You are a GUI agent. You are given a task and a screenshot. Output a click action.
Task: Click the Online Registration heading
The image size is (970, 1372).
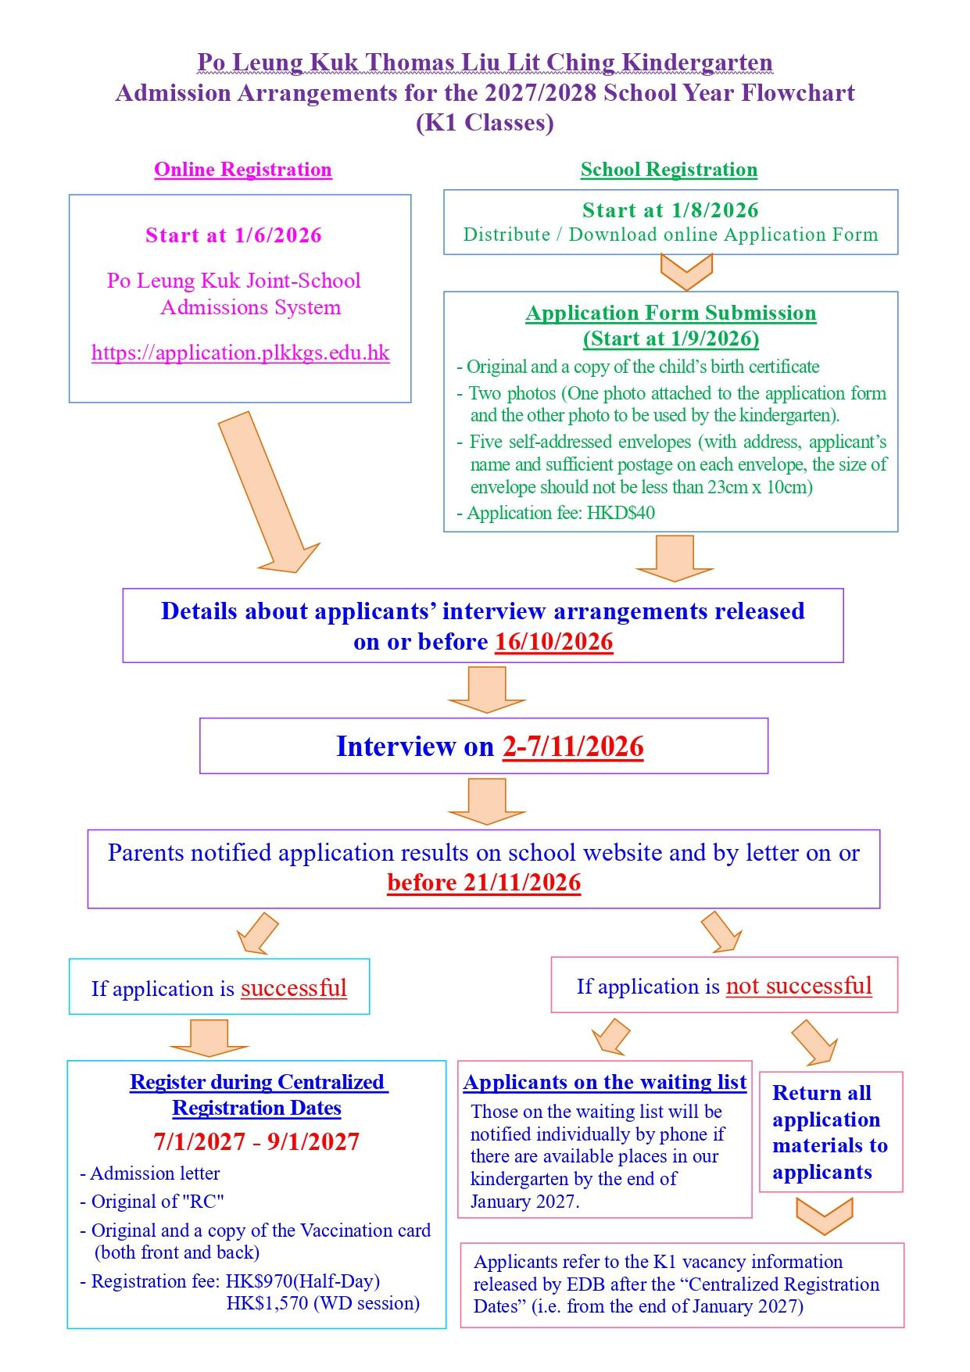(242, 170)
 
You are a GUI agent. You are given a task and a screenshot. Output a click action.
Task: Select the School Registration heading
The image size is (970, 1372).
(668, 170)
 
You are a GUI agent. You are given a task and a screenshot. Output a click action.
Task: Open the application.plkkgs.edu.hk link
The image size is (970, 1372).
(241, 353)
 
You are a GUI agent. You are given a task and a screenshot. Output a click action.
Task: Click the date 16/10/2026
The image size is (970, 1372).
(554, 642)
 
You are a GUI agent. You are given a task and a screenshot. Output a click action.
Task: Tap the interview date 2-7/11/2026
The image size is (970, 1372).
(573, 747)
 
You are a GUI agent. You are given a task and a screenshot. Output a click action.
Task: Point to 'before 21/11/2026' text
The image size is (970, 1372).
(484, 883)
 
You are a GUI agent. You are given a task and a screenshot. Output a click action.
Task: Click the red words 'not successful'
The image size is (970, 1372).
(799, 986)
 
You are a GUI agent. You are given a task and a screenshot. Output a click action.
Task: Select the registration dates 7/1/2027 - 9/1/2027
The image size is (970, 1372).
(256, 1141)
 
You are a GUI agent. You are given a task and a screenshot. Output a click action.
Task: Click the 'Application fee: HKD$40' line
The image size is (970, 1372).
(556, 513)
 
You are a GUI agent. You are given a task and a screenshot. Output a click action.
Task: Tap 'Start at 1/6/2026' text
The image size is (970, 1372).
(234, 235)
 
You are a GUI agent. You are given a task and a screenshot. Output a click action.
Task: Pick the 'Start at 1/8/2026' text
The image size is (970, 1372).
(671, 210)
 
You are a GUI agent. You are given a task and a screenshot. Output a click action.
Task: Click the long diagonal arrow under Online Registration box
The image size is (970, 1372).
(269, 493)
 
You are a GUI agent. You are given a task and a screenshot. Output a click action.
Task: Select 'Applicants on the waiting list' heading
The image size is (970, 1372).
(605, 1082)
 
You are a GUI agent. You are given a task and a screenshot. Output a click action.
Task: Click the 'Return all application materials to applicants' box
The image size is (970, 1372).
(831, 1131)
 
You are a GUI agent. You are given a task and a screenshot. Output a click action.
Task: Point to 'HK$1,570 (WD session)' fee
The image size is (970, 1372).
(323, 1303)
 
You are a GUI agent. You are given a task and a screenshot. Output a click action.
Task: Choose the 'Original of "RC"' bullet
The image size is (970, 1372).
(152, 1202)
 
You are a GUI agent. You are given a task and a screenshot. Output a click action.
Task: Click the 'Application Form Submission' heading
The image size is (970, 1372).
(671, 313)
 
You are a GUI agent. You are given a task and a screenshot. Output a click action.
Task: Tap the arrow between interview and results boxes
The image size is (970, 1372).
(487, 801)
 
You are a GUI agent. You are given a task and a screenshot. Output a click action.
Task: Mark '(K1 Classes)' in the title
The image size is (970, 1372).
(485, 123)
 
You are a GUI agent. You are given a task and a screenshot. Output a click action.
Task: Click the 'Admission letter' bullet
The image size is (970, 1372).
(150, 1173)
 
